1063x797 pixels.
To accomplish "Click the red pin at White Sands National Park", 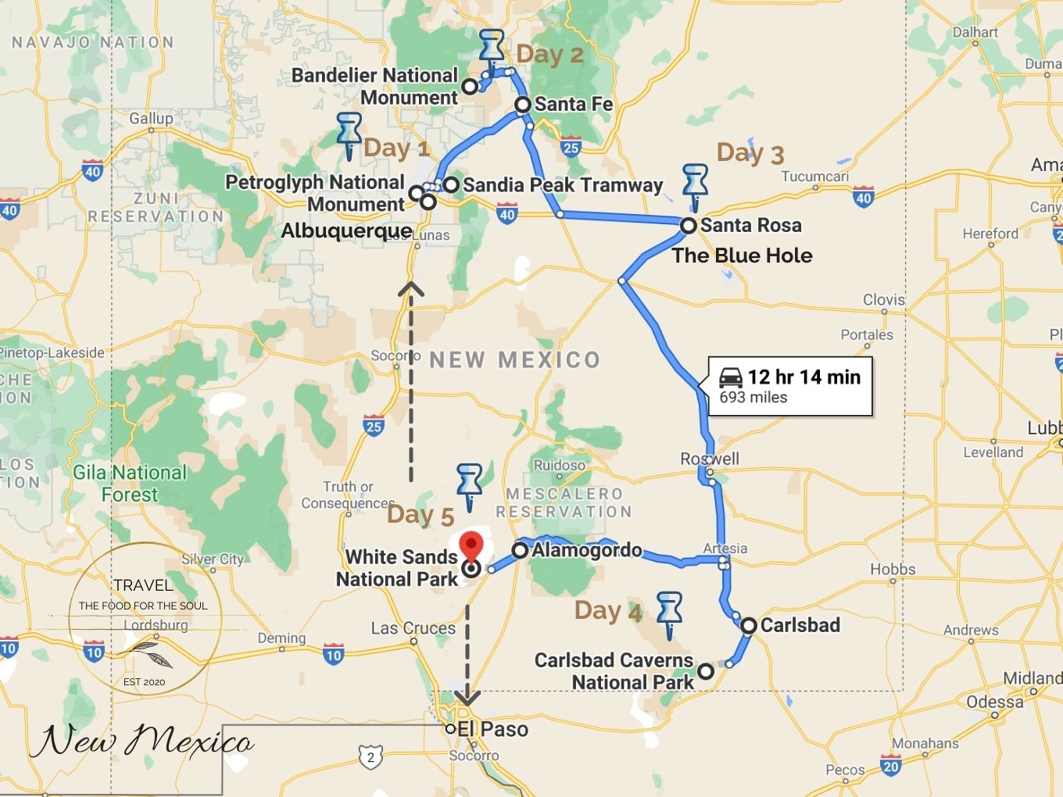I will pyautogui.click(x=471, y=545).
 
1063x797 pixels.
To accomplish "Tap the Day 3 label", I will pyautogui.click(x=750, y=153).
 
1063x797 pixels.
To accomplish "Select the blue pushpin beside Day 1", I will pyautogui.click(x=349, y=134).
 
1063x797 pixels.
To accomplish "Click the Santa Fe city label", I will pyautogui.click(x=573, y=104).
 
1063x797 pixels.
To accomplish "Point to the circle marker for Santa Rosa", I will pyautogui.click(x=688, y=225).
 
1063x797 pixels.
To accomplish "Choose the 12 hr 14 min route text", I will pyautogui.click(x=804, y=377).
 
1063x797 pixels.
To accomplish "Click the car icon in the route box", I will pyautogui.click(x=731, y=377).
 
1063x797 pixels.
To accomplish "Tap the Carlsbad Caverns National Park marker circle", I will pyautogui.click(x=706, y=671).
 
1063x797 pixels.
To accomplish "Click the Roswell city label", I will pyautogui.click(x=710, y=459).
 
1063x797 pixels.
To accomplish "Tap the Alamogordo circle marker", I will pyautogui.click(x=520, y=550).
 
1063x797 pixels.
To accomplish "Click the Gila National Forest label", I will pyautogui.click(x=130, y=484).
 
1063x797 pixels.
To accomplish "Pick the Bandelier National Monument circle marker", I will pyautogui.click(x=470, y=87).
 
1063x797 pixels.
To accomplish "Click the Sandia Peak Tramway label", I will pyautogui.click(x=562, y=185).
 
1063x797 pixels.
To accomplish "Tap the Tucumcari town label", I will pyautogui.click(x=814, y=177).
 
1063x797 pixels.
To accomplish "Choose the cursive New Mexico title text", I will pyautogui.click(x=141, y=740).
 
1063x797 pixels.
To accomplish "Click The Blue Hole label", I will pyautogui.click(x=742, y=256).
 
